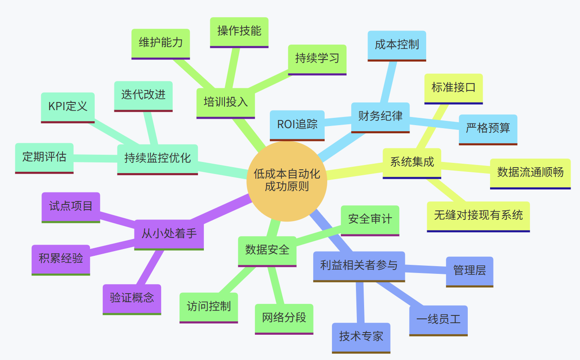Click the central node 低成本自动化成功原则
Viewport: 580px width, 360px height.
point(287,181)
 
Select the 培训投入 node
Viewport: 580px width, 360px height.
point(225,102)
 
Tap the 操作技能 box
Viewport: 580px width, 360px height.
point(239,31)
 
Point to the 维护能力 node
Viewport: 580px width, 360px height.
point(161,43)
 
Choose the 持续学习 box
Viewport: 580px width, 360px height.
point(317,59)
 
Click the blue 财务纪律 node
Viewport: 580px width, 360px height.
point(380,117)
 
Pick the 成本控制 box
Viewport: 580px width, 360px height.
point(397,45)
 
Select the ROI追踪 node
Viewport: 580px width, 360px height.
point(297,125)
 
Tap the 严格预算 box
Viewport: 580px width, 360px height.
point(488,129)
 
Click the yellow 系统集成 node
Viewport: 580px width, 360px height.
point(412,162)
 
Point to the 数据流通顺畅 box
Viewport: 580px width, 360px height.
point(530,173)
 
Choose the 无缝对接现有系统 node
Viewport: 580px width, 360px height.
point(478,216)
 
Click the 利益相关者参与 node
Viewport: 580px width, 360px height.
point(359,266)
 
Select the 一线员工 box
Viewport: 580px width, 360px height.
point(438,320)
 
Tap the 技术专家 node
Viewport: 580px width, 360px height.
point(361,337)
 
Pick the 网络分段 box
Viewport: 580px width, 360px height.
point(284,318)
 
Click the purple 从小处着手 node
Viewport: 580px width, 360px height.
point(169,234)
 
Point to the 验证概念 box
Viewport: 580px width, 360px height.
point(132,298)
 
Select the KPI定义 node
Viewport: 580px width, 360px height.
point(68,107)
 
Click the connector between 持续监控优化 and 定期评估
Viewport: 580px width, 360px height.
point(96,157)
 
